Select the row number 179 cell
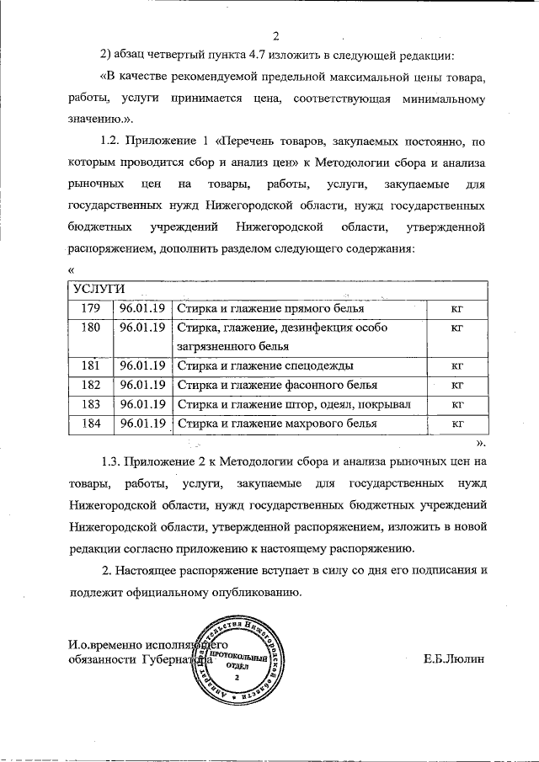[90, 309]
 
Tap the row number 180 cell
[90, 328]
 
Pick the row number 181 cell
[90, 365]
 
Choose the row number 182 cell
[90, 385]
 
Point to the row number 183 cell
[90, 404]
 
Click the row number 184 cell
[90, 424]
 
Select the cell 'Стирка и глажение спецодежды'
[264, 365]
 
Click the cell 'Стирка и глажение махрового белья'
[277, 424]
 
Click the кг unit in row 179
[458, 309]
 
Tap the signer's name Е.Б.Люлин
[455, 660]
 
